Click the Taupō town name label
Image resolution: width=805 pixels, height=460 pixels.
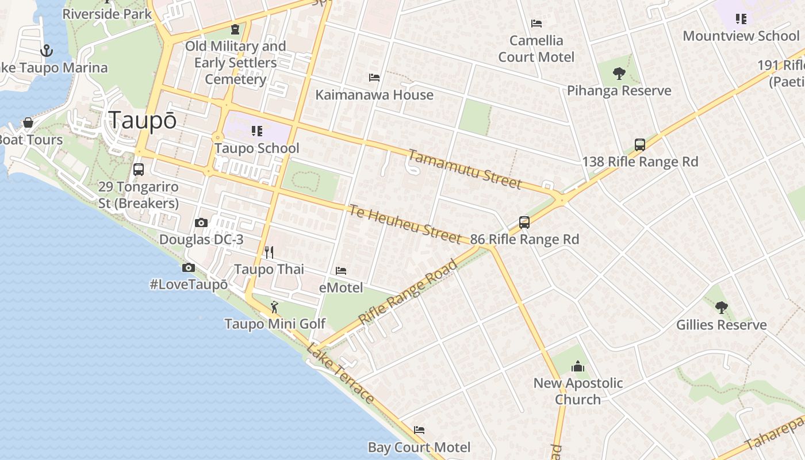[143, 121]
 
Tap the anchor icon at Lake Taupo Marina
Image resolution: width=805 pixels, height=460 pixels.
[47, 51]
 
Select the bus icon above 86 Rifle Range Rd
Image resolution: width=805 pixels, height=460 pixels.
[524, 222]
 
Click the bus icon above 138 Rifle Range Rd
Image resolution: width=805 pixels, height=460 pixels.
[639, 145]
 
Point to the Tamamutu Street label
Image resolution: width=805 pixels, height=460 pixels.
[465, 169]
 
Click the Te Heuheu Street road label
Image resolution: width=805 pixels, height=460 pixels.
[404, 224]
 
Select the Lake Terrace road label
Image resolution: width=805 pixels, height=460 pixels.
[340, 373]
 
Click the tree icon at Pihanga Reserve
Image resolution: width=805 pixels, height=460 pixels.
[619, 73]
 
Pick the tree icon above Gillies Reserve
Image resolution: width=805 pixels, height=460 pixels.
[721, 308]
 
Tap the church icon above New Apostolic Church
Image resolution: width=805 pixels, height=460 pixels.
[577, 366]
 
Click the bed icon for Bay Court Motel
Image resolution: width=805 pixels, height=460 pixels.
[419, 430]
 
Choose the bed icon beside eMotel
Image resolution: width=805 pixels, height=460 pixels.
[341, 270]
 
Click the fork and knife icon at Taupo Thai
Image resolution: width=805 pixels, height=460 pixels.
[269, 252]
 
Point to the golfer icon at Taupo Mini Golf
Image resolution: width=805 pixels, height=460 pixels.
[274, 307]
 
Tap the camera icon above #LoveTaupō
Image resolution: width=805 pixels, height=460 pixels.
[188, 267]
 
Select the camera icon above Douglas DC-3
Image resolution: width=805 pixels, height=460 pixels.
[201, 223]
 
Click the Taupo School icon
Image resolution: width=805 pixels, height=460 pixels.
[256, 131]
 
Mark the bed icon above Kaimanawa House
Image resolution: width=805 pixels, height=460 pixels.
[374, 78]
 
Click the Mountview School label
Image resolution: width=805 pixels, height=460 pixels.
[741, 36]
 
